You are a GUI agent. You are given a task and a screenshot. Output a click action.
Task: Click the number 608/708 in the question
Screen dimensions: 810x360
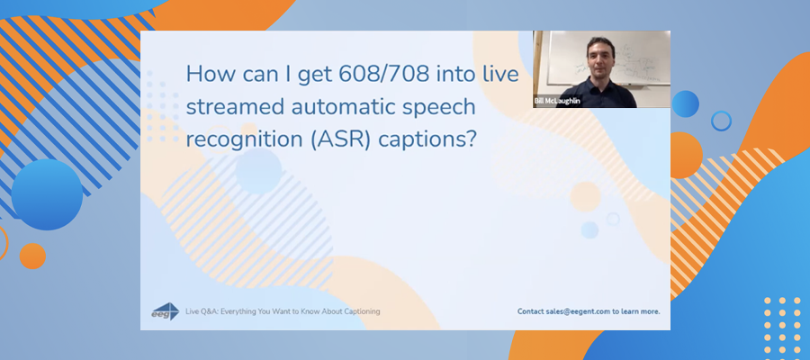point(383,75)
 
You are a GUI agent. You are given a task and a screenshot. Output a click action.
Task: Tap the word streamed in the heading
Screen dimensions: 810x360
point(234,107)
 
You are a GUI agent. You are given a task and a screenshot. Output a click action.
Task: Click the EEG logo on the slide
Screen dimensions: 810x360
point(166,311)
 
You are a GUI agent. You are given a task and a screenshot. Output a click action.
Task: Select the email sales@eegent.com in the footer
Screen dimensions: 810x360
point(578,311)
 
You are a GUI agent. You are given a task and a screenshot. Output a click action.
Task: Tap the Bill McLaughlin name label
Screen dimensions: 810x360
point(557,101)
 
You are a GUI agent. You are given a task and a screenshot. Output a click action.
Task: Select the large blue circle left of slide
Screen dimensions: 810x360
point(47,194)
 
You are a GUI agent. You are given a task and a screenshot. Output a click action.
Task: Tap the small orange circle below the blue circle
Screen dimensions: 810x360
point(32,256)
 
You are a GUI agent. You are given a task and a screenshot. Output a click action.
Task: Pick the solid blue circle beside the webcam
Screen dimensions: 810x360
point(686,103)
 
